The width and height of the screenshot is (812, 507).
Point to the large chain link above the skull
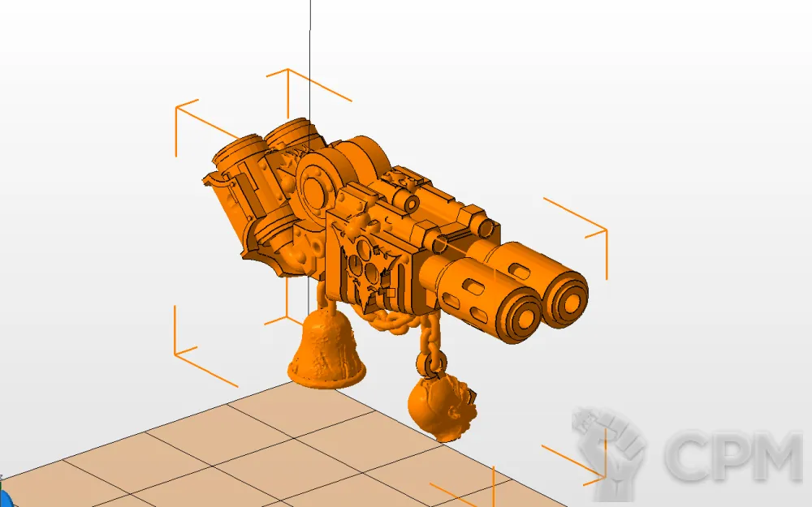click(x=431, y=361)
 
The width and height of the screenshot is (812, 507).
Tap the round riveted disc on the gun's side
click(x=315, y=187)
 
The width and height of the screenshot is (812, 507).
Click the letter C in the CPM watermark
click(x=691, y=456)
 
